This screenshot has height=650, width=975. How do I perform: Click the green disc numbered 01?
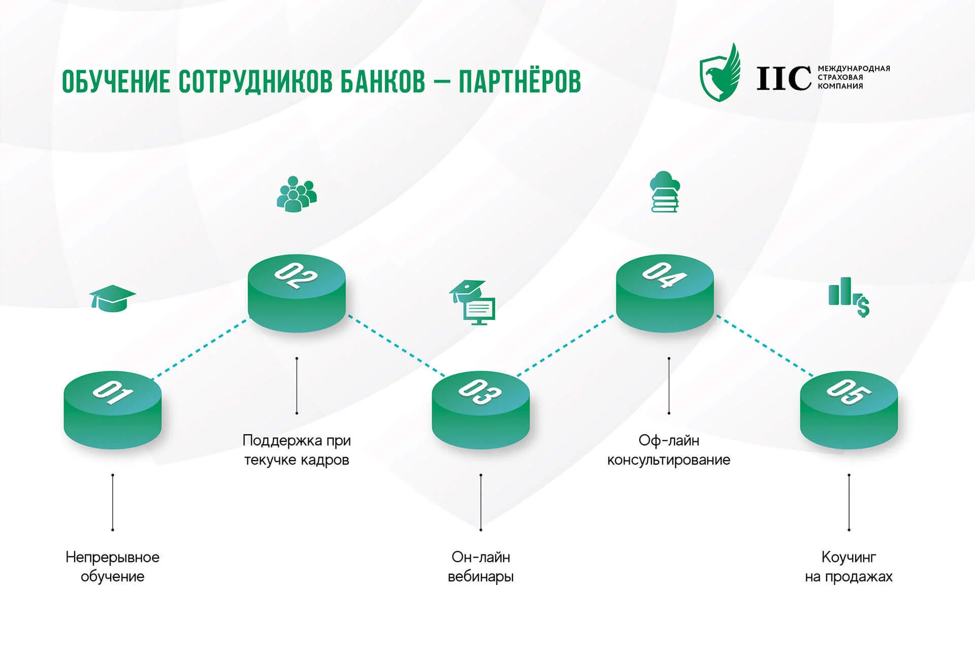113,410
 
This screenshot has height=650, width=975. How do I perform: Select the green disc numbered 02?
297,293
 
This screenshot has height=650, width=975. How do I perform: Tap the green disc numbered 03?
481,410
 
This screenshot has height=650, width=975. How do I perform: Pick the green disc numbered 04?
665,293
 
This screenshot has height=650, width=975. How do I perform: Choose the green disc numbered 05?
849,410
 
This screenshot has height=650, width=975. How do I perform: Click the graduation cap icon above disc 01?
112,299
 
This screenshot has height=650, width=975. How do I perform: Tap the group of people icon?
297,193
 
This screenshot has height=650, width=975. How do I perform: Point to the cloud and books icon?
665,191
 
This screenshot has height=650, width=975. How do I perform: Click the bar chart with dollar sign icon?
849,297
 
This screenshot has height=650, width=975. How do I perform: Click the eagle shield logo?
720,73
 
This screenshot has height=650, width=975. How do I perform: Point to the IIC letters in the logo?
784,78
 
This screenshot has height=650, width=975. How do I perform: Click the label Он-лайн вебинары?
481,567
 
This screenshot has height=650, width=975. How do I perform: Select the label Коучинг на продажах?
849,567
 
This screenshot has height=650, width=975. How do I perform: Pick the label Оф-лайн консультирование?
669,450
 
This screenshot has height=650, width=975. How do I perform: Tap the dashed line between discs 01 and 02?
201,348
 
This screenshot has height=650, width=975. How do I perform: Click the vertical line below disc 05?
849,502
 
